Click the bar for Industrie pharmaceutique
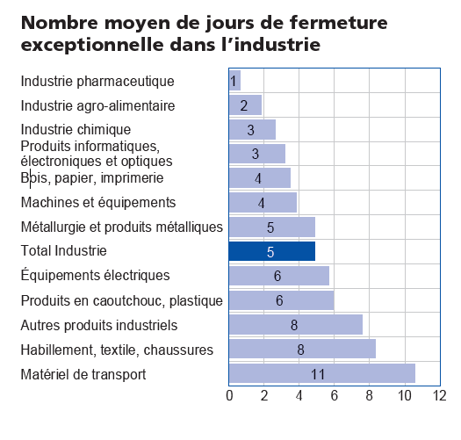(234, 82)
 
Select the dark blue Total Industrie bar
(271, 251)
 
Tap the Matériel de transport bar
(321, 373)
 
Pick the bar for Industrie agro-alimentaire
(245, 105)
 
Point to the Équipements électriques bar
(278, 276)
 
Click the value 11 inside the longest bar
(318, 374)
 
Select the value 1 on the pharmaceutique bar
(234, 82)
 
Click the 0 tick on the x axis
(229, 396)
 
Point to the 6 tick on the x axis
(335, 396)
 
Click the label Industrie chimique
(76, 130)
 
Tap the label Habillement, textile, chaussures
(117, 350)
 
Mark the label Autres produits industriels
(98, 325)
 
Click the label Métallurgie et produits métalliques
(121, 227)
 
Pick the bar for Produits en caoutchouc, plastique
(281, 300)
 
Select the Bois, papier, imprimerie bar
(260, 178)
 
